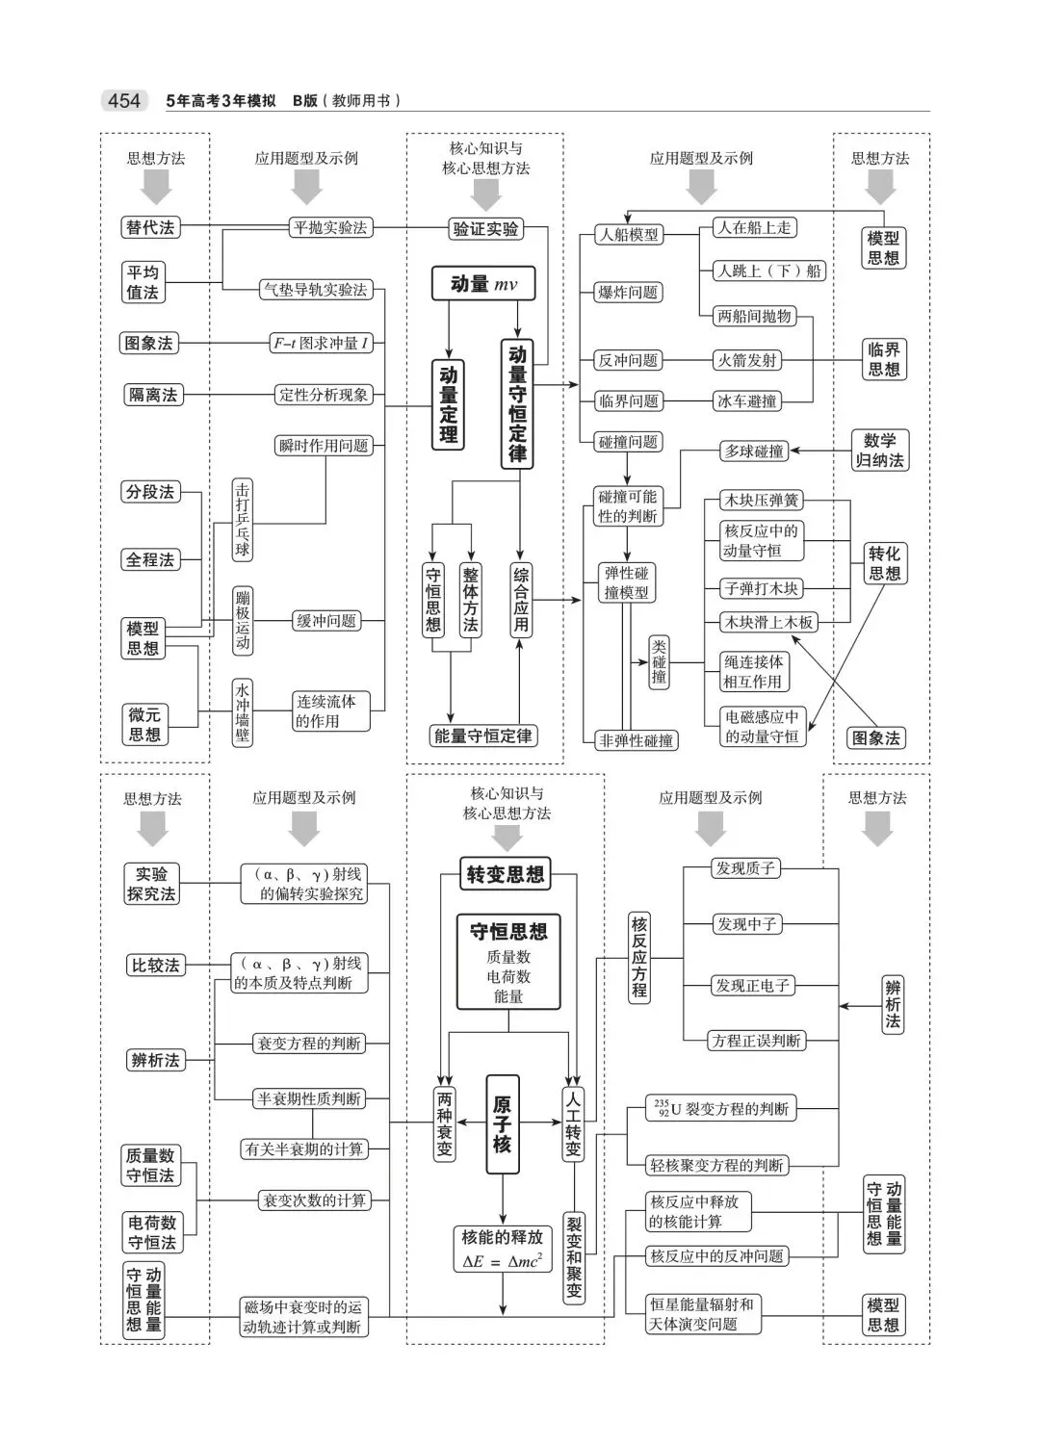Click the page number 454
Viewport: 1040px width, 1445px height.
[x=124, y=101]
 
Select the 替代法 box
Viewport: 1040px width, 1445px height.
[x=151, y=228]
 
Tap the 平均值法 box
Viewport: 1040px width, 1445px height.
[x=143, y=282]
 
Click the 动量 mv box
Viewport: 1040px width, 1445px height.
[x=482, y=284]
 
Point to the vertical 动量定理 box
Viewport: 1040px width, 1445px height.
[x=449, y=405]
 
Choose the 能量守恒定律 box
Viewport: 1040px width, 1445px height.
[x=483, y=736]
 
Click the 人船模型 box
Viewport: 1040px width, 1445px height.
[x=629, y=234]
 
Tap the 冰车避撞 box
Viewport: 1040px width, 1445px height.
[x=747, y=401]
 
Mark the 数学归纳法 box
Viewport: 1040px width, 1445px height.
[x=880, y=451]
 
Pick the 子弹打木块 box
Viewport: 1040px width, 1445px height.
[x=761, y=588]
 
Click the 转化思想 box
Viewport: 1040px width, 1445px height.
[x=884, y=563]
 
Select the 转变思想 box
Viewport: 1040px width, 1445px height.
[x=506, y=874]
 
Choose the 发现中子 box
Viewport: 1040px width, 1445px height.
[x=746, y=924]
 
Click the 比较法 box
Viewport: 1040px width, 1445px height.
[x=155, y=966]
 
